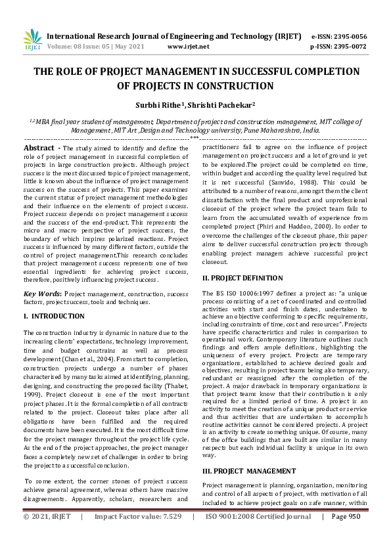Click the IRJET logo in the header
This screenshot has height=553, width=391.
pos(32,41)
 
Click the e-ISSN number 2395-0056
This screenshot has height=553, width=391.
pos(348,36)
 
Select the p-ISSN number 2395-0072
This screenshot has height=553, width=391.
pos(348,47)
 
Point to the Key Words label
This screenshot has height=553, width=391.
pos(43,294)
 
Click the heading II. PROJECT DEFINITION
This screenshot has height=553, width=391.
pos(242,278)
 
